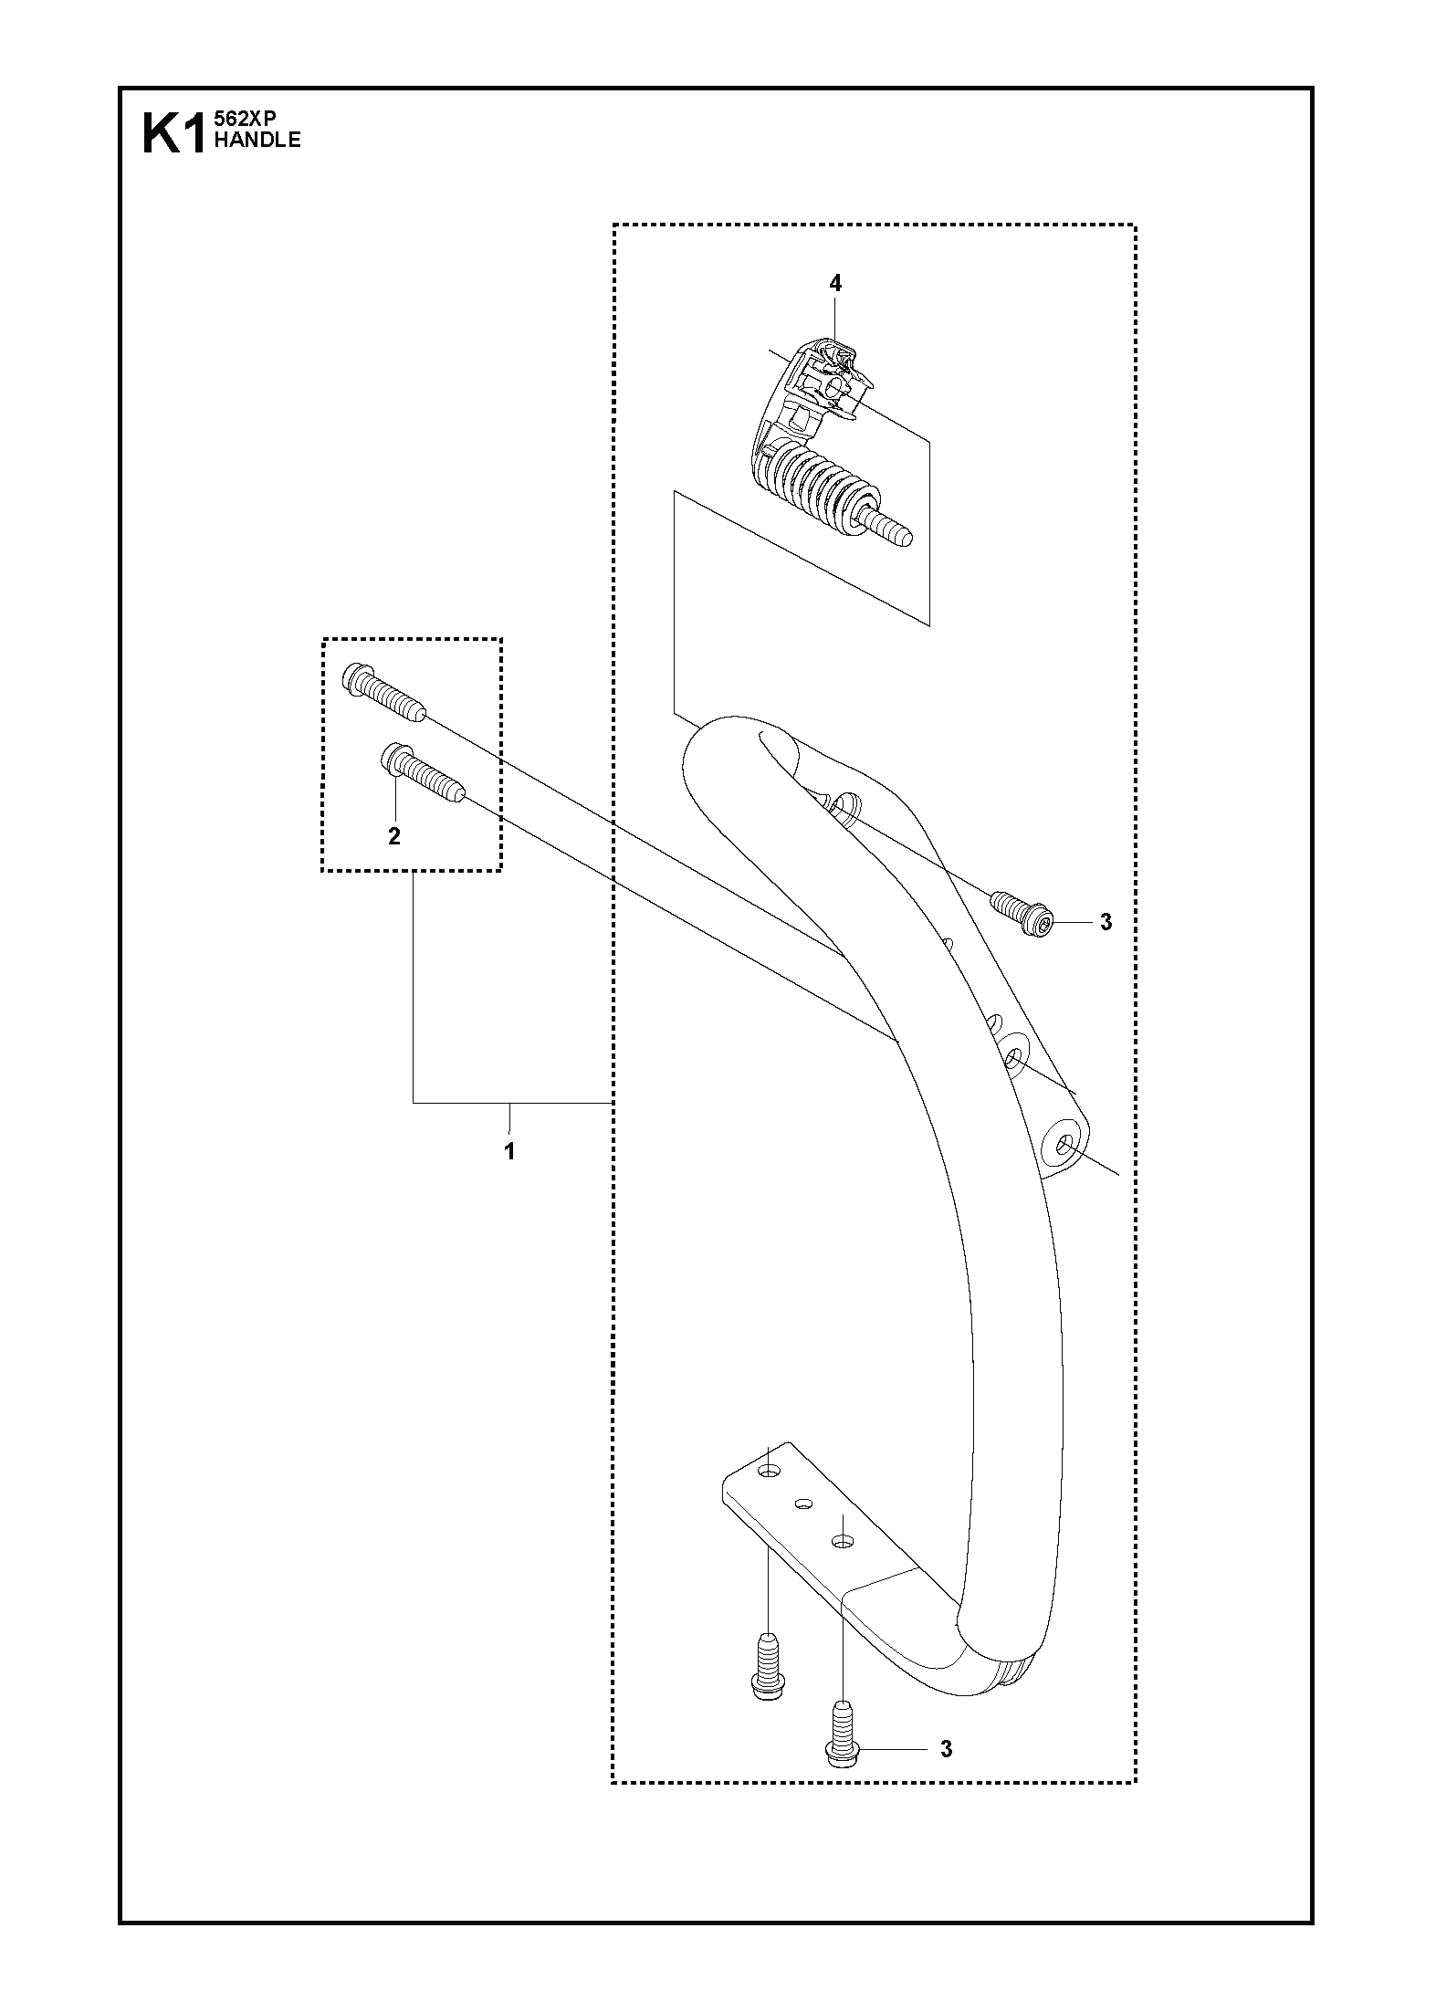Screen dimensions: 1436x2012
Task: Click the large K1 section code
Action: pyautogui.click(x=176, y=134)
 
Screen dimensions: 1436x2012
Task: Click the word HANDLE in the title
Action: pyautogui.click(x=257, y=140)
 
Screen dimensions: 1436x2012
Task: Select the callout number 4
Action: pyautogui.click(x=835, y=284)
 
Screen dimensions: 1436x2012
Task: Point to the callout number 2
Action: pyautogui.click(x=394, y=836)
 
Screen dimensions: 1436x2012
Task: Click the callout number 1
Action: pyautogui.click(x=509, y=1152)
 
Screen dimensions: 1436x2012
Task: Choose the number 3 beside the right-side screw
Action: pyautogui.click(x=1106, y=923)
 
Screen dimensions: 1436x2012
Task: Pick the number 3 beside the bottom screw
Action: pyautogui.click(x=947, y=1750)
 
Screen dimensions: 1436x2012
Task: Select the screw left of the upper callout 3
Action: pyautogui.click(x=1022, y=916)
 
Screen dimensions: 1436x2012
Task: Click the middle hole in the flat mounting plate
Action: pyautogui.click(x=804, y=1503)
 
